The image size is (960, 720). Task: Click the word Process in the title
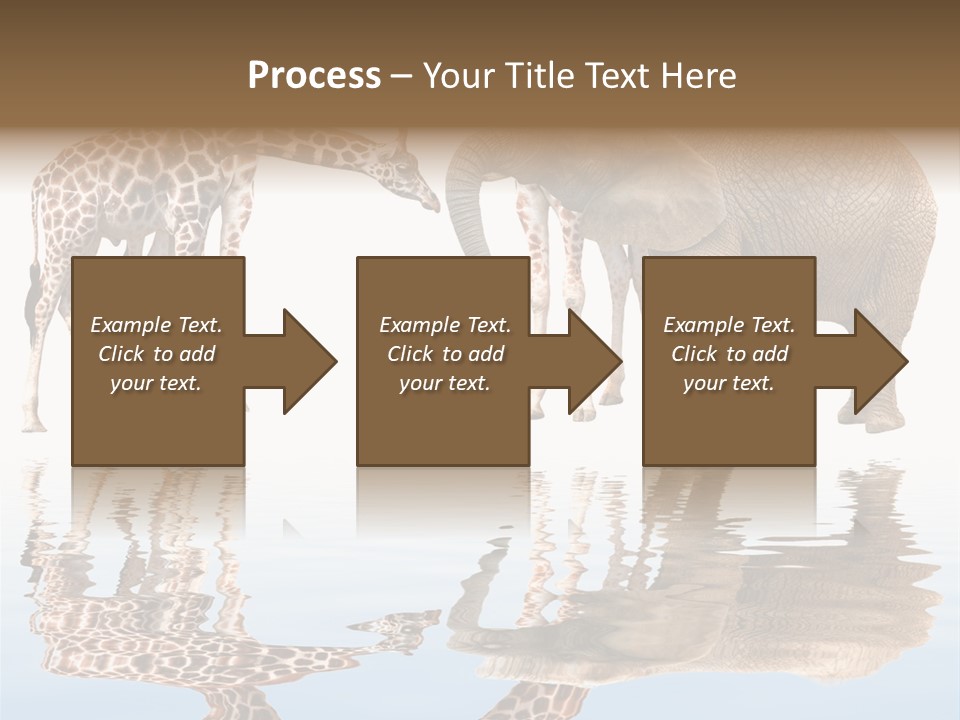[314, 75]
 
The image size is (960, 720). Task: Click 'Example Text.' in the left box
[156, 325]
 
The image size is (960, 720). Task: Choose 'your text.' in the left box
[156, 383]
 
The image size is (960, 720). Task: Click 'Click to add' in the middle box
[445, 354]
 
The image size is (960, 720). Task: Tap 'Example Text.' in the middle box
[445, 325]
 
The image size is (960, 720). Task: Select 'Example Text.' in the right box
[729, 325]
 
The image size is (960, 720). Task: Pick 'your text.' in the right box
[729, 383]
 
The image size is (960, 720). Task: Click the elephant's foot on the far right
[880, 420]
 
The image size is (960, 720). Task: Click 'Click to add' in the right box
[729, 354]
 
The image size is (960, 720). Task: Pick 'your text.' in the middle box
[445, 383]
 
